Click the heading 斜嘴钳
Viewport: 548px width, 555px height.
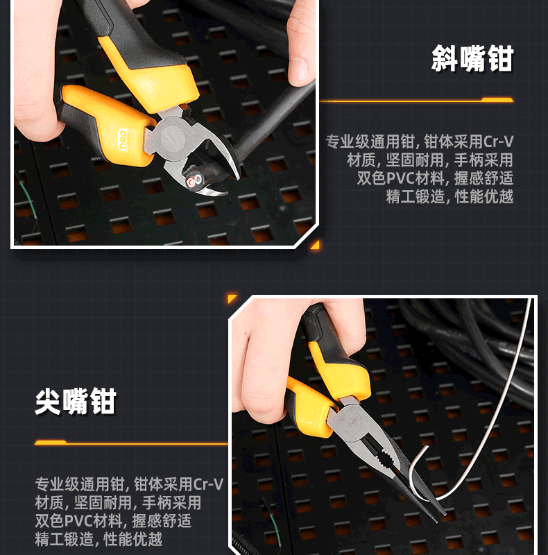point(472,58)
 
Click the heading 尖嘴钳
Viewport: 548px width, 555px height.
point(76,401)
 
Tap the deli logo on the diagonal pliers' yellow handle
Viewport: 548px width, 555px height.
point(123,140)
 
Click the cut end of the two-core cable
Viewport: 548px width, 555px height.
point(194,181)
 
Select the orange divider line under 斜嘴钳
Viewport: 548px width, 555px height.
point(416,100)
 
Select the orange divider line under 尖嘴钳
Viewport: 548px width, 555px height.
point(131,443)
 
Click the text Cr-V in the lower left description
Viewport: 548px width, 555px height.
point(209,484)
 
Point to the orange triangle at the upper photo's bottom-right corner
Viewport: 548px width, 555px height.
point(316,245)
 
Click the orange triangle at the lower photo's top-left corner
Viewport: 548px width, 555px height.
point(232,298)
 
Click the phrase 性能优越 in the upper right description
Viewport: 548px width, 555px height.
point(484,196)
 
